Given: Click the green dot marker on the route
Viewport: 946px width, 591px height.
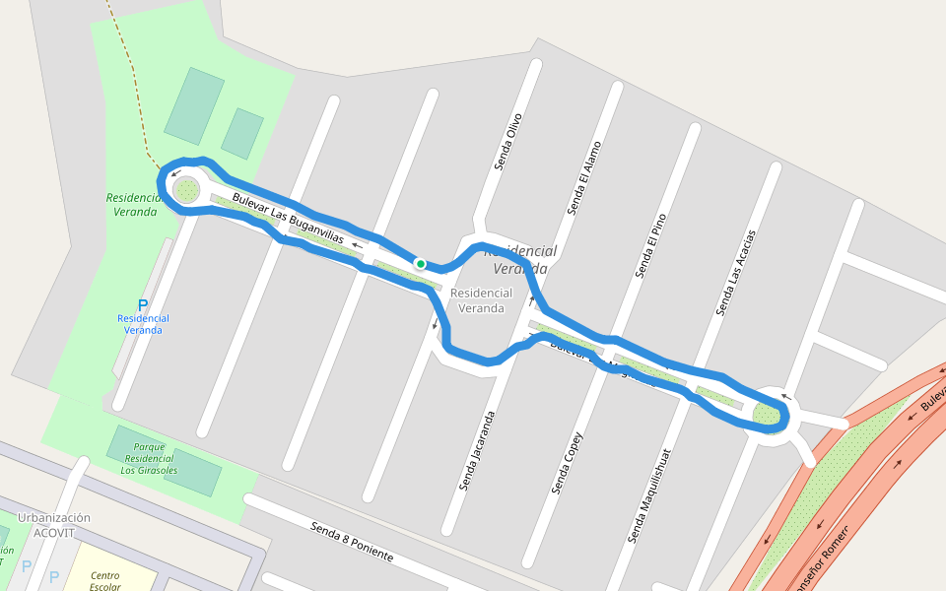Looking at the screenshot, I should click(421, 264).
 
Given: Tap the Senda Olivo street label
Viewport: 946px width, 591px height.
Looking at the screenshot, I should click(507, 143).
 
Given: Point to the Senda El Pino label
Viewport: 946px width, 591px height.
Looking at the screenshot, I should click(651, 246).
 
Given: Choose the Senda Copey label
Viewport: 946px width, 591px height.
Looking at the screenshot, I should click(568, 464).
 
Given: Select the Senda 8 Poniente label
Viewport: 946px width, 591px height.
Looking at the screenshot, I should click(352, 542).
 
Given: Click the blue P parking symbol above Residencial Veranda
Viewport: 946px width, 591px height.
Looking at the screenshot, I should click(143, 305).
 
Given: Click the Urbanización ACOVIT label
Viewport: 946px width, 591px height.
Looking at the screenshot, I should click(53, 525).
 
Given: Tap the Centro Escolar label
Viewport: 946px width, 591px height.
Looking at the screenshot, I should click(103, 581).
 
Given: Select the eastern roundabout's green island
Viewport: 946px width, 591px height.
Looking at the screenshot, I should click(768, 415).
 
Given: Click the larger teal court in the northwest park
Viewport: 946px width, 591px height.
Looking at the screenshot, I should click(194, 106).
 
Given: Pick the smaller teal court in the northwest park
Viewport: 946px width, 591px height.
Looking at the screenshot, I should click(242, 134).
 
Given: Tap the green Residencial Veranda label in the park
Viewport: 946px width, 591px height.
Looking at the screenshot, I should click(134, 205).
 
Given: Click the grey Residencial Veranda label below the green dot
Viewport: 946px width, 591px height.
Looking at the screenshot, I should click(481, 300).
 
